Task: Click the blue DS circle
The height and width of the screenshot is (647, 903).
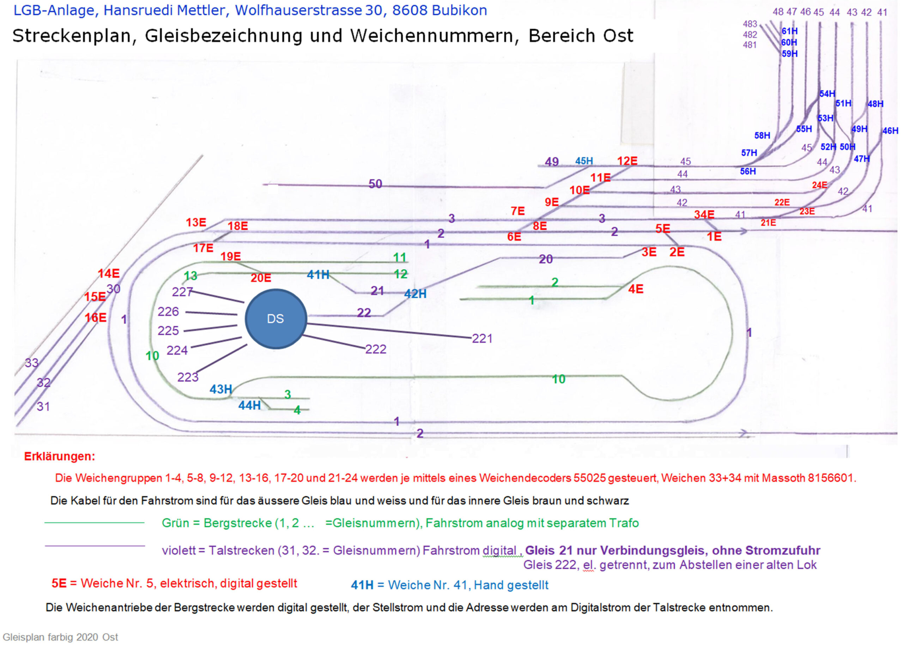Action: click(x=276, y=319)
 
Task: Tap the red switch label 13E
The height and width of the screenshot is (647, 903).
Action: click(x=196, y=223)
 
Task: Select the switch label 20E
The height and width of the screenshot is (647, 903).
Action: click(x=261, y=278)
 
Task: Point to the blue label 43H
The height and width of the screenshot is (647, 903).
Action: click(x=220, y=389)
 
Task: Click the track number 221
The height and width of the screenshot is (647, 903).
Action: click(x=482, y=339)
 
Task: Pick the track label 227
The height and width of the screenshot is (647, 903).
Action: click(x=182, y=292)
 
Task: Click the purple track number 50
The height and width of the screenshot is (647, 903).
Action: click(x=375, y=184)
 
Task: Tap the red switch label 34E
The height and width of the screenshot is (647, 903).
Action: click(x=704, y=215)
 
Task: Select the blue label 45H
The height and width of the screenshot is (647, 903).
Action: click(x=584, y=161)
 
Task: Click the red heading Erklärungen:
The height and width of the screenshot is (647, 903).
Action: click(x=60, y=456)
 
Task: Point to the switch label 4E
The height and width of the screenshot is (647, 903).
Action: click(x=635, y=289)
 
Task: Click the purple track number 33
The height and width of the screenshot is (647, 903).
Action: click(x=32, y=363)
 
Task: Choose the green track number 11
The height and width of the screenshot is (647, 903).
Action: click(x=399, y=258)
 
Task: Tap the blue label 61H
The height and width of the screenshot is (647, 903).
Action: click(x=789, y=31)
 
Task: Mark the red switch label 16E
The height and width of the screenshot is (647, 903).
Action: click(x=96, y=318)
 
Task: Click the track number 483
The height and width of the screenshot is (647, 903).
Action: click(x=750, y=24)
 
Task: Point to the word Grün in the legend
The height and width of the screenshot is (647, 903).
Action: click(x=175, y=523)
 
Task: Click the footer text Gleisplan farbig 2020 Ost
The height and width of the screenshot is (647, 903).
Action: click(x=61, y=637)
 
